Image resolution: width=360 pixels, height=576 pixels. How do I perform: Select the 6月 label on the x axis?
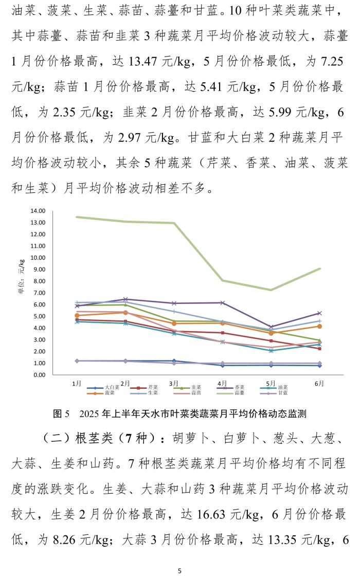click(x=319, y=383)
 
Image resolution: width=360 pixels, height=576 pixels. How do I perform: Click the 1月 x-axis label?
click(x=77, y=383)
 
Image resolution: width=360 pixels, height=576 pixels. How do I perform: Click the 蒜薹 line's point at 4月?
click(x=222, y=280)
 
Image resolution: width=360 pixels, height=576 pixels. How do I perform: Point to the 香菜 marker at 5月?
click(x=271, y=327)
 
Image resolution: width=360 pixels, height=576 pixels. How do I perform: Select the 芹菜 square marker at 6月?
click(x=319, y=349)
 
